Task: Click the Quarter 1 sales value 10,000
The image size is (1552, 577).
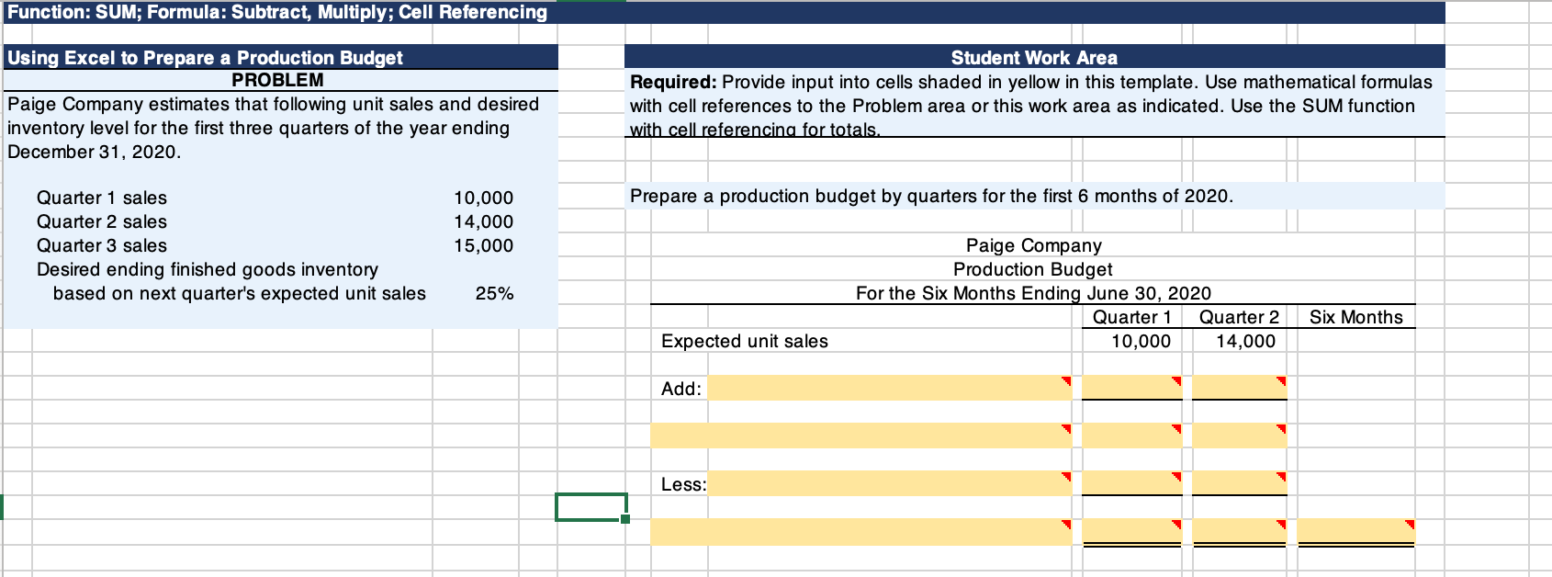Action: (483, 198)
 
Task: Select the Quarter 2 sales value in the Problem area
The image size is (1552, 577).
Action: (483, 221)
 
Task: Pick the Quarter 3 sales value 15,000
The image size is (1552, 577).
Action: (483, 245)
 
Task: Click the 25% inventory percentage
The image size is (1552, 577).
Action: (494, 293)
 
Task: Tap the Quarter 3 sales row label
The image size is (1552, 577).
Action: (102, 245)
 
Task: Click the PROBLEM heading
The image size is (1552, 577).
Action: (277, 80)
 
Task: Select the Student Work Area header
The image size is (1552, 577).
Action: (1034, 58)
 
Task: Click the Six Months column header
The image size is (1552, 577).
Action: (1355, 317)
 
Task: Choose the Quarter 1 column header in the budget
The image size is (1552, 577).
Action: (1131, 317)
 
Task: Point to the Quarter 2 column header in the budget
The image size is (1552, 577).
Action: (1239, 317)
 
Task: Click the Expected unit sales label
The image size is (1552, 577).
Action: (745, 341)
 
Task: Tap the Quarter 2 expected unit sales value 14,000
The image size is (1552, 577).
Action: (1245, 341)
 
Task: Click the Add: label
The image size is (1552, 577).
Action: (681, 389)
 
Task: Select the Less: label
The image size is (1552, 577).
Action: (683, 484)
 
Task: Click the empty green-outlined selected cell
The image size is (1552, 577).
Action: (590, 507)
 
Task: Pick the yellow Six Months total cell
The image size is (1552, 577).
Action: (1355, 530)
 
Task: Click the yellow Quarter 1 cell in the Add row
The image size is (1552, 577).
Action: (1131, 387)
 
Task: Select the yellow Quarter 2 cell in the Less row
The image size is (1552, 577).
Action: (1239, 482)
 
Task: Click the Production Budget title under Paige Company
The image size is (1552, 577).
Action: (1032, 269)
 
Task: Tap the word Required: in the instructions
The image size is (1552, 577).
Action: (672, 82)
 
